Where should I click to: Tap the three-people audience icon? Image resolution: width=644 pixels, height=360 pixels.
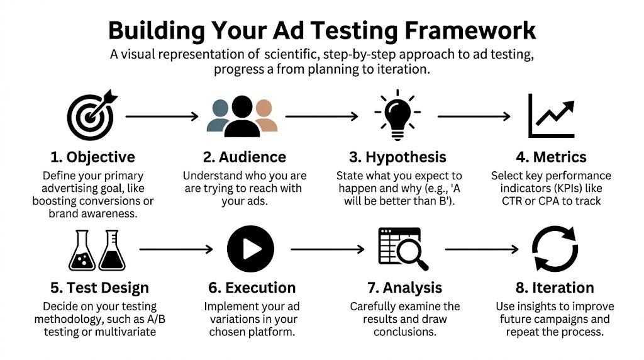coord(242,116)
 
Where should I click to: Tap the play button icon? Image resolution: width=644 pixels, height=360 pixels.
coord(250,249)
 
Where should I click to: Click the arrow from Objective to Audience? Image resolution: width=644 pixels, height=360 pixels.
coord(162,116)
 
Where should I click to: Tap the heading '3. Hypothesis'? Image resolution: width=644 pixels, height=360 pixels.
coord(398,157)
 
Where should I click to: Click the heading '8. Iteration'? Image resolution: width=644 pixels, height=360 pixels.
coord(555,288)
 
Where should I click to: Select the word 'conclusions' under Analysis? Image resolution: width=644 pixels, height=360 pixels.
coord(405,332)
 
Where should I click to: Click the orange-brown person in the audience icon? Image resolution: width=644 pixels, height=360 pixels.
coord(266,118)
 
